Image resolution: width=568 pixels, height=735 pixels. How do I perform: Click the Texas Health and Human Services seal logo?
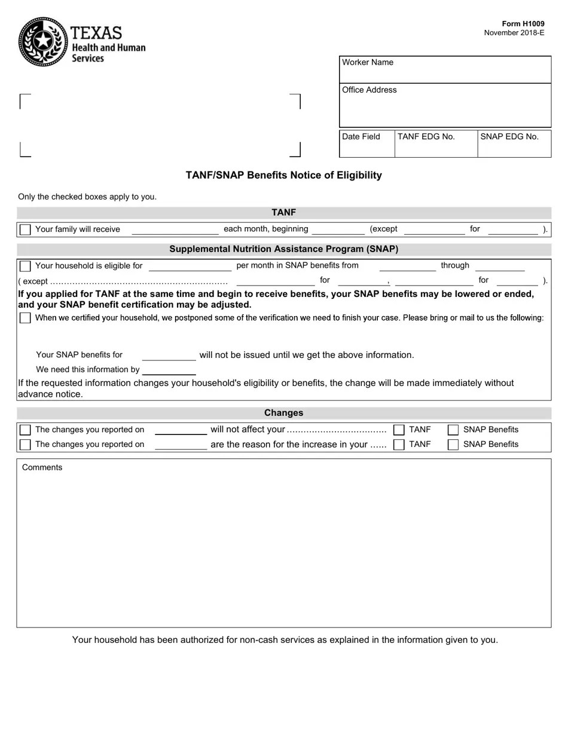42,42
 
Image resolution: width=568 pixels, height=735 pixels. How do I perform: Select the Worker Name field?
445,70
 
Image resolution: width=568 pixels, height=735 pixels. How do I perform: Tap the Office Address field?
445,106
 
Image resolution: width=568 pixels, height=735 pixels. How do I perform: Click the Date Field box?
367,144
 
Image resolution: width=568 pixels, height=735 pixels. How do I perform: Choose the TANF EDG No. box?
436,144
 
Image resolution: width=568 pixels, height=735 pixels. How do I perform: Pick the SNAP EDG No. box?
514,144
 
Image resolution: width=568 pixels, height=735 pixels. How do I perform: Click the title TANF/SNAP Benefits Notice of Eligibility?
283,175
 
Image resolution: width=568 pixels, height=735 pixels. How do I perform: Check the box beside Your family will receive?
25,229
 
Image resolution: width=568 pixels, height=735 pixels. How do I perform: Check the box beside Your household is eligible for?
25,266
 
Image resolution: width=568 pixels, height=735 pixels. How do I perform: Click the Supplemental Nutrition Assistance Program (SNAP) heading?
283,249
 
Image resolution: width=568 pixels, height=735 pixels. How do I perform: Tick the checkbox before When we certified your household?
25,318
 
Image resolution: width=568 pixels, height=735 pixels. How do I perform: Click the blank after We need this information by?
169,370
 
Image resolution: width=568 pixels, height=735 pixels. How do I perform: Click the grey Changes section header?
283,413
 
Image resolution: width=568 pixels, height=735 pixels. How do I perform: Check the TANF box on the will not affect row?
399,430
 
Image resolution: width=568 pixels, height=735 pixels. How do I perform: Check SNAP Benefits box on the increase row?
453,445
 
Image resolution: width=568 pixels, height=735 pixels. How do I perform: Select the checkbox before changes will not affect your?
25,430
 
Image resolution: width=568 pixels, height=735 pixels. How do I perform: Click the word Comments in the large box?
42,467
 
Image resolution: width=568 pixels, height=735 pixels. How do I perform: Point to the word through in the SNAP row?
455,265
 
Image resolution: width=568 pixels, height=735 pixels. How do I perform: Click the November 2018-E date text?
514,33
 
